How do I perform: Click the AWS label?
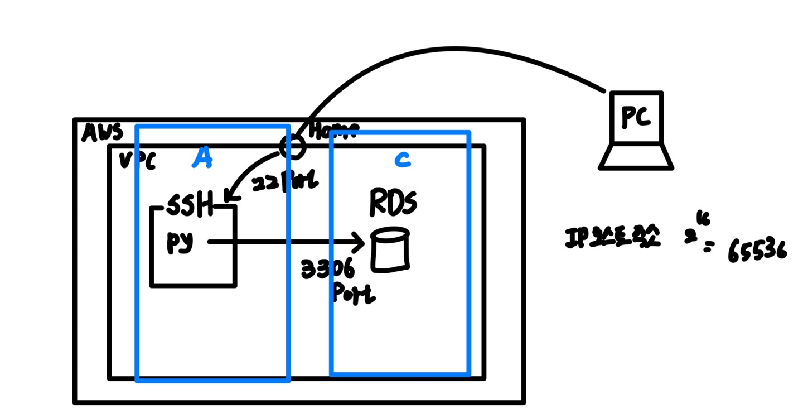click(102, 132)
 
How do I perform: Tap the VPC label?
click(137, 162)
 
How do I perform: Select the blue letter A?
click(202, 158)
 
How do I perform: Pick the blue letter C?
click(402, 160)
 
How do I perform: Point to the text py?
click(180, 243)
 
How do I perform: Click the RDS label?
click(393, 203)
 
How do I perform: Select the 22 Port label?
click(285, 182)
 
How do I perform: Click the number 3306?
click(328, 270)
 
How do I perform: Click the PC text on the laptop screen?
click(636, 117)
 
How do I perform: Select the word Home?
click(333, 131)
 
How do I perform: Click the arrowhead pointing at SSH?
click(230, 196)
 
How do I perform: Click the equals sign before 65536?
click(708, 247)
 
